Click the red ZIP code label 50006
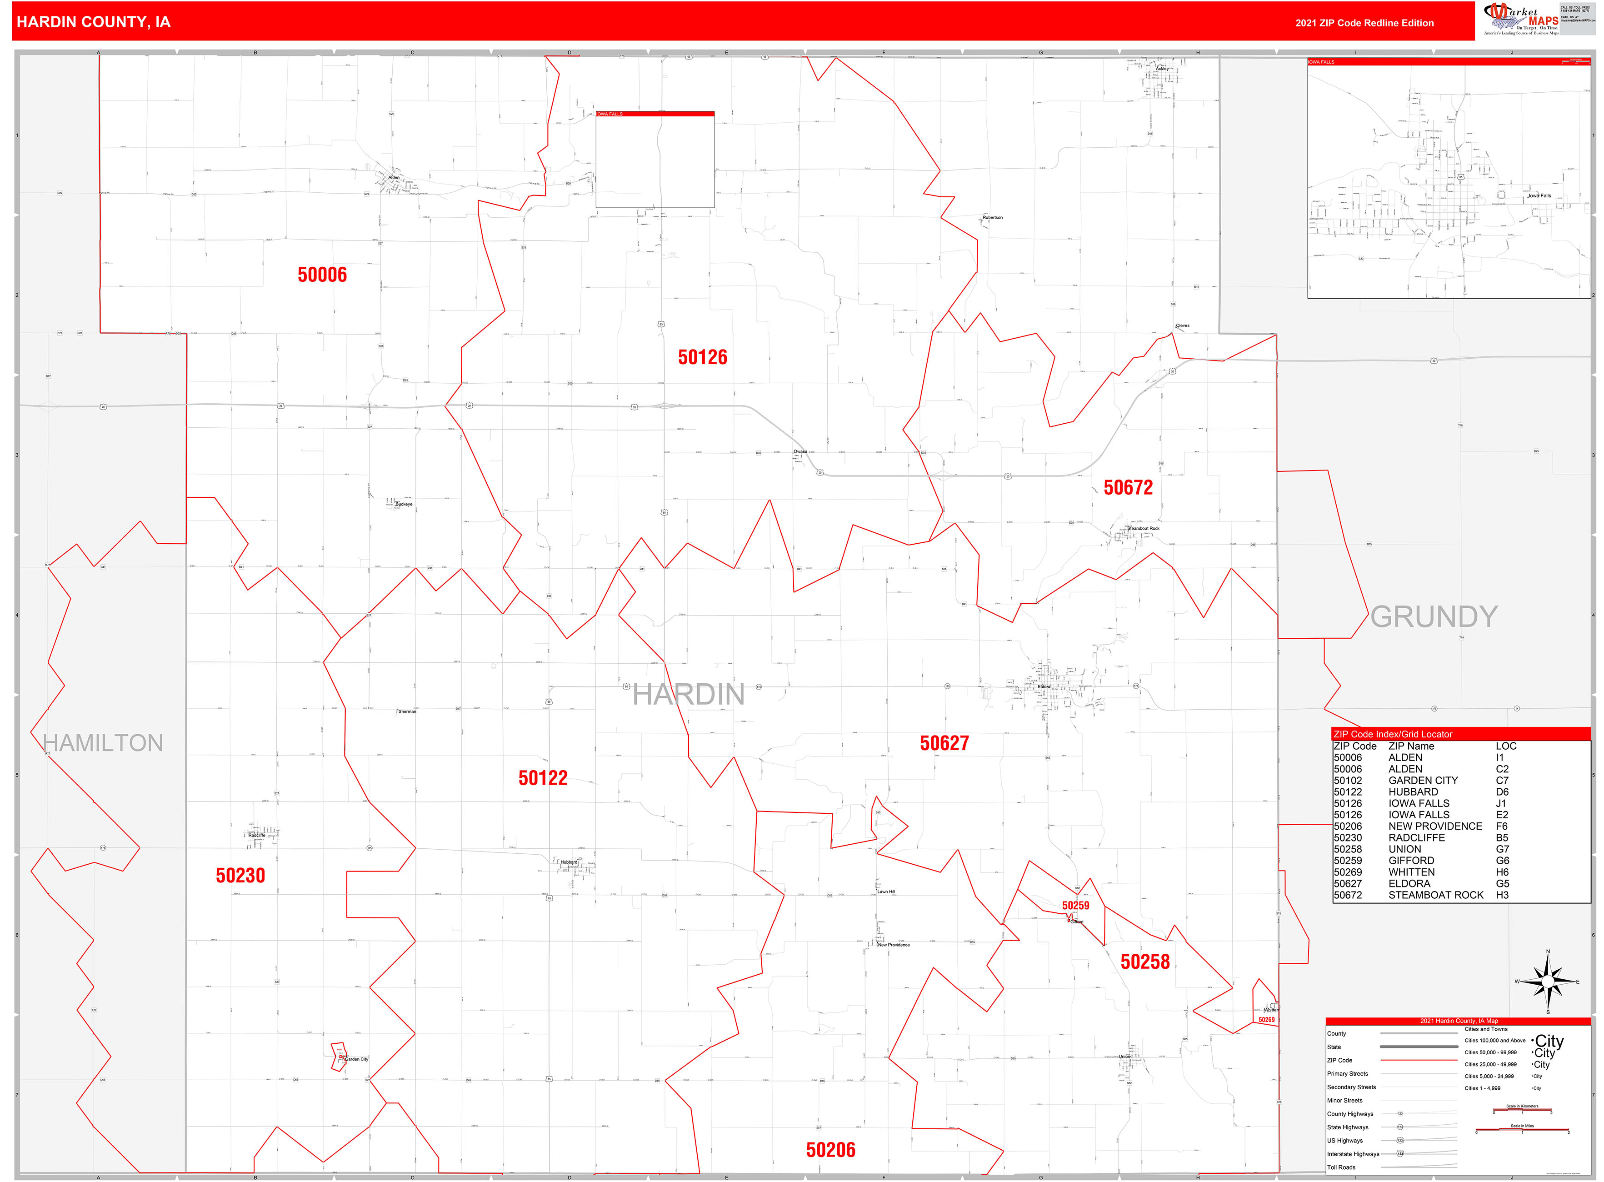pyautogui.click(x=322, y=275)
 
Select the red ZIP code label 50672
pyautogui.click(x=1128, y=488)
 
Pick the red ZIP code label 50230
pyautogui.click(x=240, y=876)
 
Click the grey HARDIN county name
pyautogui.click(x=688, y=695)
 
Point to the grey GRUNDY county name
pyautogui.click(x=1433, y=617)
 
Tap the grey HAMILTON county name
pyautogui.click(x=103, y=743)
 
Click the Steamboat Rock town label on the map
pyautogui.click(x=1143, y=529)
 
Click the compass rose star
pyautogui.click(x=1548, y=982)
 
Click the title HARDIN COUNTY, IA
pyautogui.click(x=93, y=22)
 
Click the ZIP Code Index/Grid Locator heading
pyautogui.click(x=1392, y=734)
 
